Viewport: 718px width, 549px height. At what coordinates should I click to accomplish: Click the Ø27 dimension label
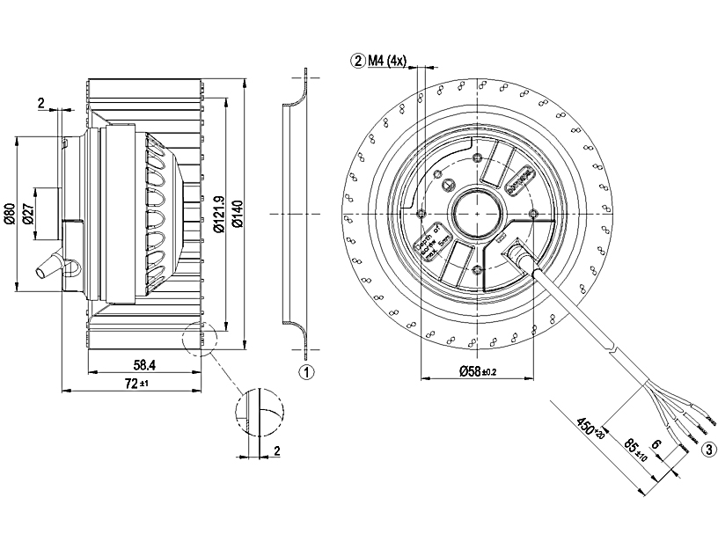pos(27,215)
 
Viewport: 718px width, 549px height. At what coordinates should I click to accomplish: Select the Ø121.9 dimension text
pos(217,214)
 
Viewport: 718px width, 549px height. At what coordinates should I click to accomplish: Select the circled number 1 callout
pos(306,372)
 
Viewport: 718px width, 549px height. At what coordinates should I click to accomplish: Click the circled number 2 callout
pos(357,61)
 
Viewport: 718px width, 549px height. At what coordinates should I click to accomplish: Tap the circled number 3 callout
pos(708,450)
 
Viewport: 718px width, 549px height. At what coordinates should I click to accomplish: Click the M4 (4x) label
pos(387,61)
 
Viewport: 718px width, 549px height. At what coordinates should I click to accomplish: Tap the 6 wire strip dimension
pos(656,445)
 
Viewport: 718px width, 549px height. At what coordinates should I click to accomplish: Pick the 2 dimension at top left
pos(41,103)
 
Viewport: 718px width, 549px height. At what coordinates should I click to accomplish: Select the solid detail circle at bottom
pos(260,413)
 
